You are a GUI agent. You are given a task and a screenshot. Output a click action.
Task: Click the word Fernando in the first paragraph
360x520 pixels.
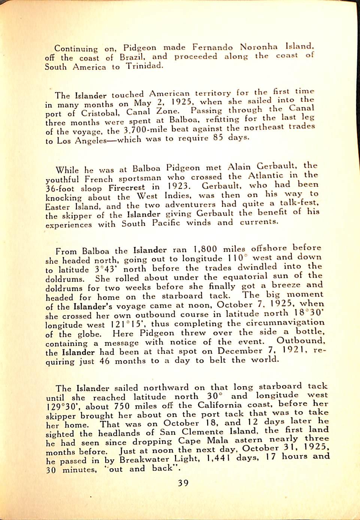click(x=212, y=47)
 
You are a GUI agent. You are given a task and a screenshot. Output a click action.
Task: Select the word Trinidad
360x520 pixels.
click(x=145, y=66)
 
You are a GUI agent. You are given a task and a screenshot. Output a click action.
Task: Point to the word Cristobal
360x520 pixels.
click(x=100, y=112)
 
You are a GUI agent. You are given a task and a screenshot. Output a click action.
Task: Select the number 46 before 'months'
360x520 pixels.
click(x=105, y=361)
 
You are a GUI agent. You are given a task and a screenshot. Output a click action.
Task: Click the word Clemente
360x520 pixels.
click(x=202, y=432)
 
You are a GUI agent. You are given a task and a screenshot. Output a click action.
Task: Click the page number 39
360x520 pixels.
click(x=183, y=483)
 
